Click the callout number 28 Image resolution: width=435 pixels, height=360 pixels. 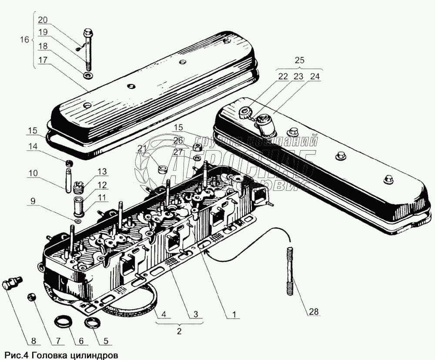click(313, 312)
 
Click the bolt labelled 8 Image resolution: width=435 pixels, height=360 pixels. click(10, 284)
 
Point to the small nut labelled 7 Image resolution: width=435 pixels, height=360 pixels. click(32, 297)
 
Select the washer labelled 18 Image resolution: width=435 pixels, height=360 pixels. click(87, 76)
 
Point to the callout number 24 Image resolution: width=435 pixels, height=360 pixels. click(314, 76)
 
